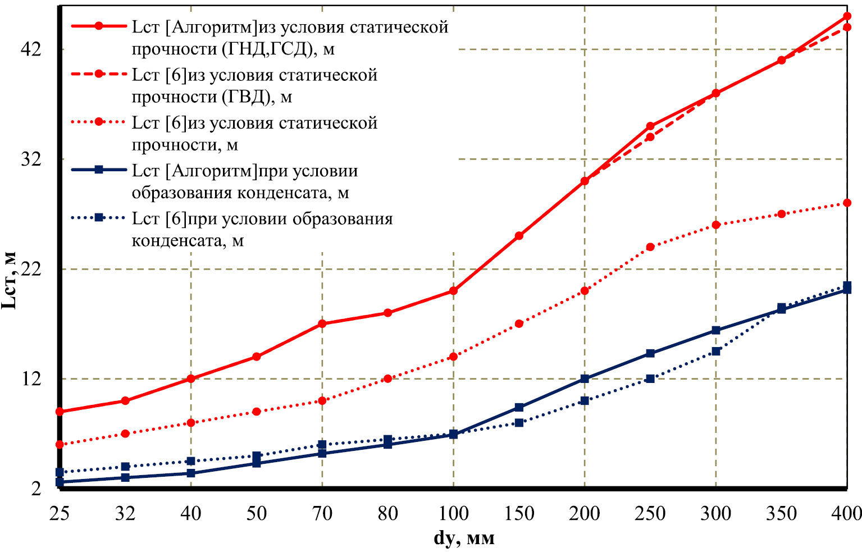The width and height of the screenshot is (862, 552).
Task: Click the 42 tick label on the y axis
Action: [x=31, y=49]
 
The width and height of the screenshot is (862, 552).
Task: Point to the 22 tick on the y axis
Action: [x=31, y=269]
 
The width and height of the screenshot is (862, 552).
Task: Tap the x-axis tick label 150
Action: [x=519, y=513]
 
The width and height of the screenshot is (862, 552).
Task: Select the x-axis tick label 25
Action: [x=60, y=513]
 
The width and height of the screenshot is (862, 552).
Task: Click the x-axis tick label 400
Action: [x=846, y=513]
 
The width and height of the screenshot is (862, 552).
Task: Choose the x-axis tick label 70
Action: [x=322, y=513]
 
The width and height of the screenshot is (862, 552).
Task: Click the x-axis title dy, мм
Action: [x=464, y=539]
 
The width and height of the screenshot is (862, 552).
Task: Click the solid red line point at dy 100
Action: [x=453, y=291]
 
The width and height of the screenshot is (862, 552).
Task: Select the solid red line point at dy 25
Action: [x=60, y=412]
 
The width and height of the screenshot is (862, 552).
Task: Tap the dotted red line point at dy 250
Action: [x=650, y=247]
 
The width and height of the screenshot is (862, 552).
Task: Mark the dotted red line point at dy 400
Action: [x=847, y=203]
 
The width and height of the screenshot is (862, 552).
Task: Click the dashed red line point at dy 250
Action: [x=650, y=137]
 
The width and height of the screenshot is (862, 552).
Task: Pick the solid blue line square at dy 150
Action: [x=519, y=407]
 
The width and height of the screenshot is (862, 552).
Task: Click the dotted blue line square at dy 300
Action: [x=716, y=352]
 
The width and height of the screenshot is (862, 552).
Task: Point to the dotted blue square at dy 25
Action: [x=60, y=472]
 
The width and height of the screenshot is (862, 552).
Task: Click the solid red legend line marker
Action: [x=99, y=26]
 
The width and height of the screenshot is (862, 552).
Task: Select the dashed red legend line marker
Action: [x=99, y=74]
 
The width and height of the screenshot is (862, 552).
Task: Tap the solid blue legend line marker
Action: [x=99, y=170]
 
